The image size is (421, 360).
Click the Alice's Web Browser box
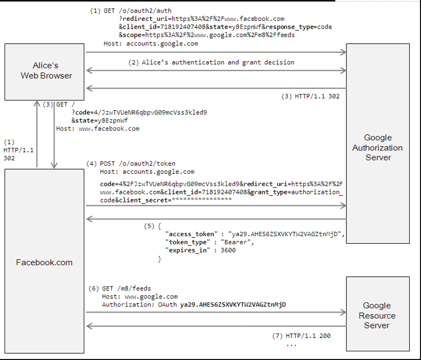(x=45, y=71)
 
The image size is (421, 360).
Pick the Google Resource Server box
(x=377, y=314)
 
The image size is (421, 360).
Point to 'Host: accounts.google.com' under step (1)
(x=151, y=44)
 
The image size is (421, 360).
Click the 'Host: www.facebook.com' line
(x=97, y=128)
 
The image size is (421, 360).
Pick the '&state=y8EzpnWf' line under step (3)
(x=100, y=120)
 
